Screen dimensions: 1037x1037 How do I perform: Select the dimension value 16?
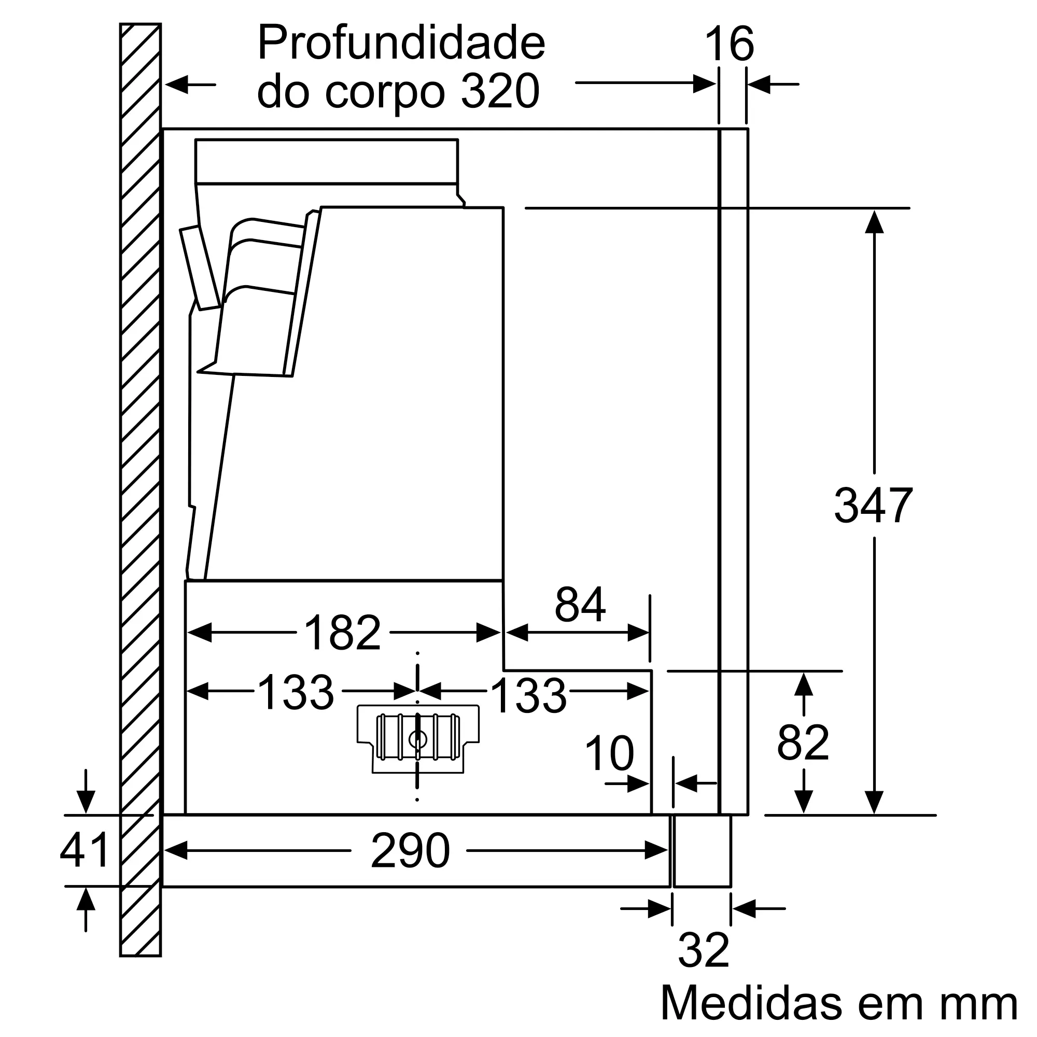click(x=729, y=45)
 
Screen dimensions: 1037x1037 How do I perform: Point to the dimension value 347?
click(x=873, y=505)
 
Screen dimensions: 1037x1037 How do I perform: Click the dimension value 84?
click(x=580, y=605)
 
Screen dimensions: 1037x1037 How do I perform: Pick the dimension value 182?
click(x=342, y=633)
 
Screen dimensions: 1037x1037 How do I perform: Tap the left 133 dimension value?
click(x=296, y=692)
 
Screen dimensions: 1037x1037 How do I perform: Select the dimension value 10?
click(x=609, y=753)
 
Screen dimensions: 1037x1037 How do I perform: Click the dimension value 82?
click(x=803, y=743)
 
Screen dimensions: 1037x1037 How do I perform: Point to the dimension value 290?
click(x=410, y=851)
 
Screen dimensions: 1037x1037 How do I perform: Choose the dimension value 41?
click(x=85, y=850)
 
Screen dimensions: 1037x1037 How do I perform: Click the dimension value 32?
click(x=703, y=950)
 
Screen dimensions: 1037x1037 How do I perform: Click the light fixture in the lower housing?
click(x=417, y=738)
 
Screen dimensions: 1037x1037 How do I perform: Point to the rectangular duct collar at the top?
click(x=326, y=162)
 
